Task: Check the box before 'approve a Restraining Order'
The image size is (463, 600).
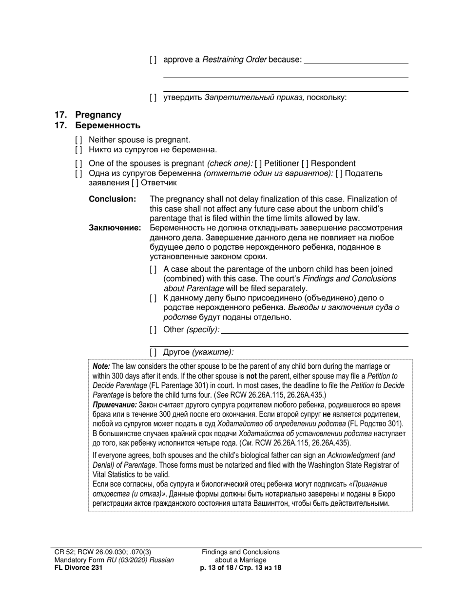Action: coord(153,60)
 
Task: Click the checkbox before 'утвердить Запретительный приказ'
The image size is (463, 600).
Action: coord(153,98)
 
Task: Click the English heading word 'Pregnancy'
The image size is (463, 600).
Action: coord(98,115)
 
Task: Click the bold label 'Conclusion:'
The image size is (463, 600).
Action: coord(112,199)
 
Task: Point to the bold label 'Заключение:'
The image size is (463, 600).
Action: coord(115,228)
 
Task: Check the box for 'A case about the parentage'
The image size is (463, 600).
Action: coord(153,270)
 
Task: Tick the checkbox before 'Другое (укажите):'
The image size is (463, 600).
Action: coord(153,352)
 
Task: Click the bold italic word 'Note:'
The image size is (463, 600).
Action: coord(101,366)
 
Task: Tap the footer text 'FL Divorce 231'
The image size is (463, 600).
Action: coord(78,568)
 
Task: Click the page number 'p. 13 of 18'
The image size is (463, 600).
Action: coord(218,568)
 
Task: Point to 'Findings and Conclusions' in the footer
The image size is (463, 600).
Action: coord(241,552)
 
